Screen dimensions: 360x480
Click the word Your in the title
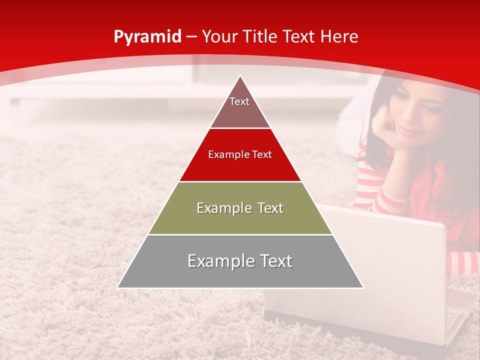[219, 36]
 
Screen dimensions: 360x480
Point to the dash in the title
[191, 37]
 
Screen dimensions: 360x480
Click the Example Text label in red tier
[240, 154]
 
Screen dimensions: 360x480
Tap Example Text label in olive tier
[240, 208]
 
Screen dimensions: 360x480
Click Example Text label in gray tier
[240, 261]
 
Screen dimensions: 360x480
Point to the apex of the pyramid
[240, 76]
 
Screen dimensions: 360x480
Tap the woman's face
[417, 115]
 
